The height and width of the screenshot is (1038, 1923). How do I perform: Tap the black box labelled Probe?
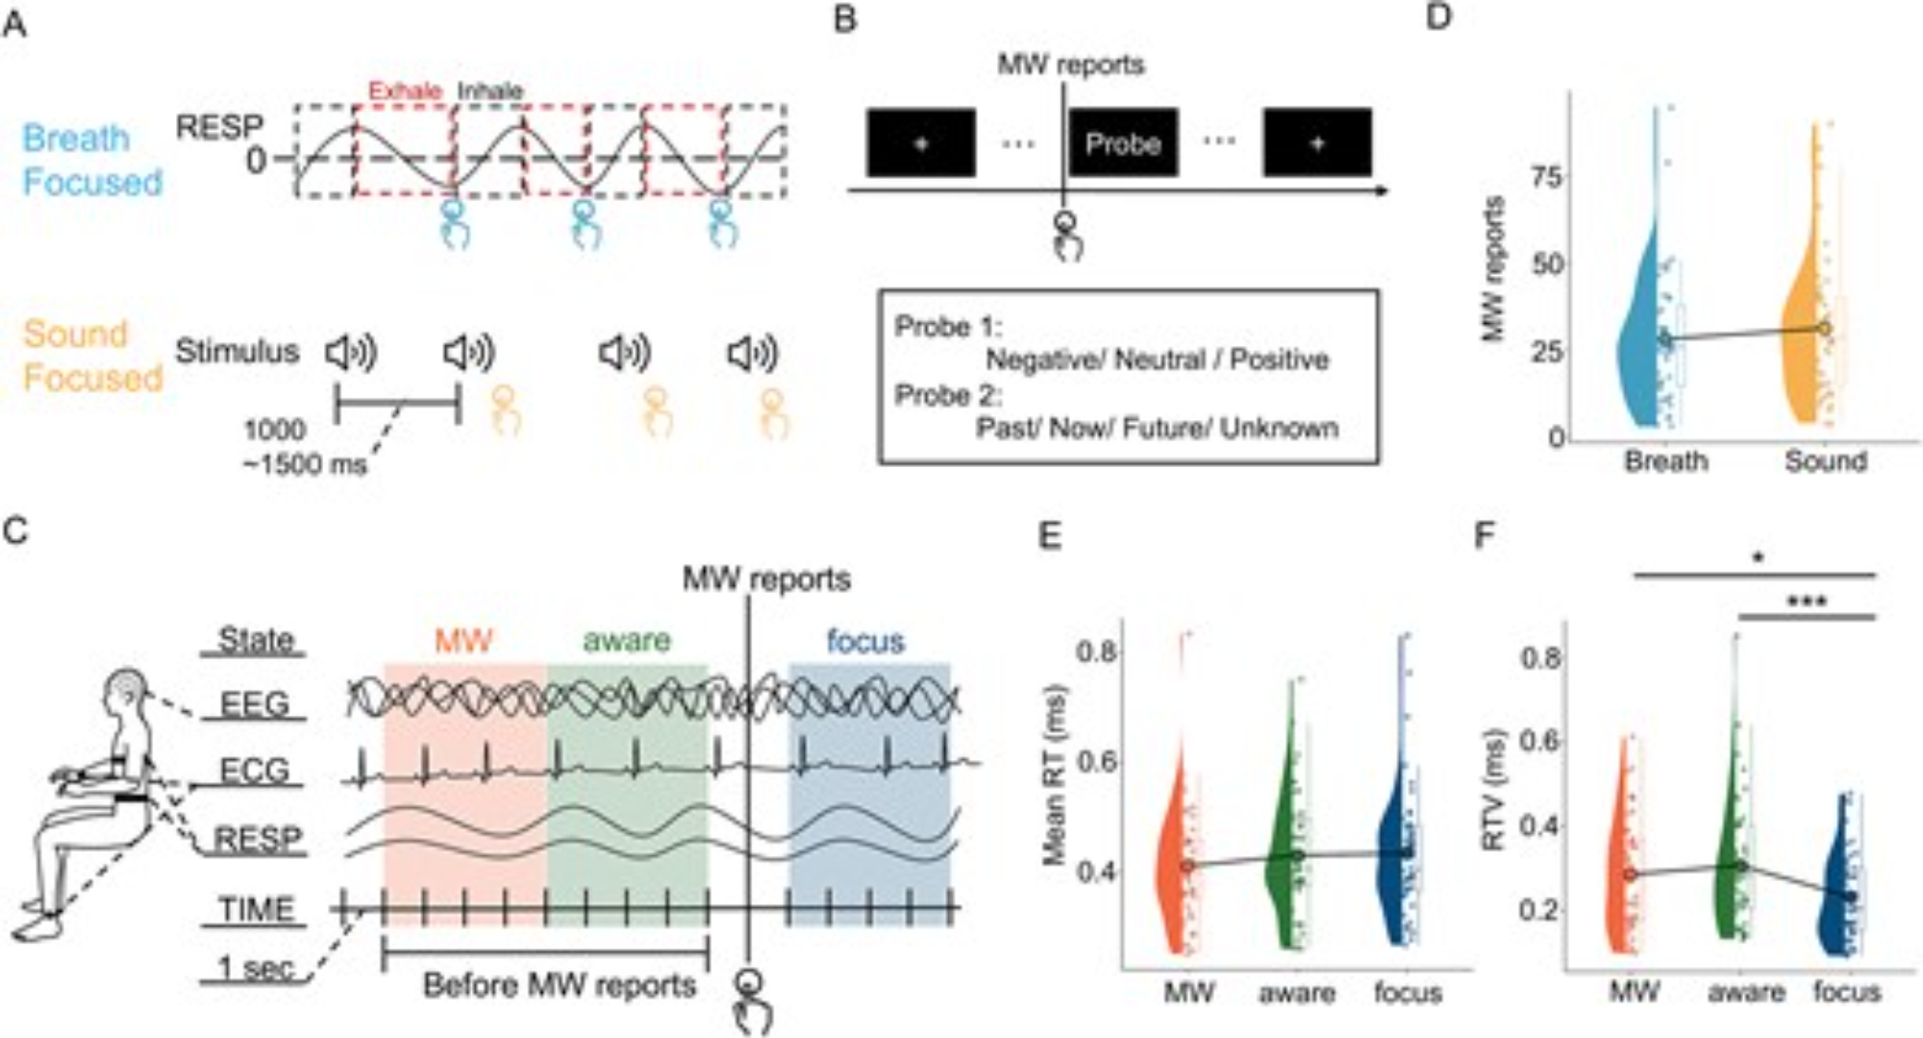click(1123, 143)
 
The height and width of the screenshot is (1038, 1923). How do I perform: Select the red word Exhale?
click(405, 91)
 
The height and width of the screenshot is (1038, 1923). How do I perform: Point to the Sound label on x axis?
click(1825, 461)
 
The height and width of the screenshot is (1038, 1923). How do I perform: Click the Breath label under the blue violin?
click(1665, 461)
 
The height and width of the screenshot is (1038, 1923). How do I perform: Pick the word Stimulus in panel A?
click(237, 352)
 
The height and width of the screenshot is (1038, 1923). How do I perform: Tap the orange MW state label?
click(463, 640)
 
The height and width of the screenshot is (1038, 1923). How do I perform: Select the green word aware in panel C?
click(627, 640)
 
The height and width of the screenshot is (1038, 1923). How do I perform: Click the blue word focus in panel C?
click(865, 640)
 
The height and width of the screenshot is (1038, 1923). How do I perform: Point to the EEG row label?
click(254, 704)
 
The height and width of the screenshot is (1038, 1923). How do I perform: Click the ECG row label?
click(254, 771)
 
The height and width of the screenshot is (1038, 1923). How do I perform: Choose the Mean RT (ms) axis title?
click(1057, 775)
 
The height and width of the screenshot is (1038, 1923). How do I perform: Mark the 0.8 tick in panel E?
click(1095, 653)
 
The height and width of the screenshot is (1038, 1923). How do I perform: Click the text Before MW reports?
click(559, 986)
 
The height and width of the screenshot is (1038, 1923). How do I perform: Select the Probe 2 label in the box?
click(948, 395)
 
